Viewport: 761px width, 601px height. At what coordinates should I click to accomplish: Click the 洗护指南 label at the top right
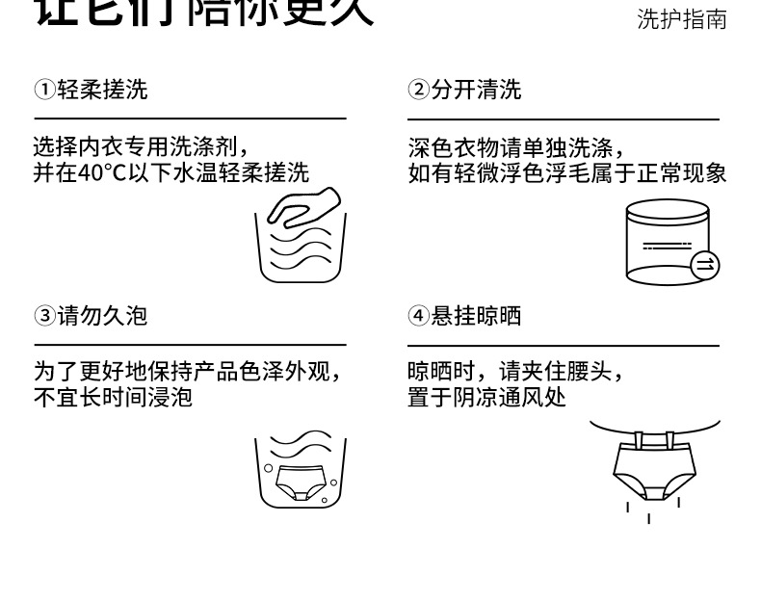pos(681,20)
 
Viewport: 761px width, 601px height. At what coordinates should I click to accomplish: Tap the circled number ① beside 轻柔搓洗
pos(44,91)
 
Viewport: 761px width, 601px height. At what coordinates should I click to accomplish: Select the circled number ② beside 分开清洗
pos(418,91)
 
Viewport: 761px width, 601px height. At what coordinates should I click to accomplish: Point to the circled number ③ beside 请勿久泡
pos(44,317)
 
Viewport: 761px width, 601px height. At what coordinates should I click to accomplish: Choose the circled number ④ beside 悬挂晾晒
pos(418,317)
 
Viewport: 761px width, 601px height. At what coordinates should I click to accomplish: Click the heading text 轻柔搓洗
pos(103,91)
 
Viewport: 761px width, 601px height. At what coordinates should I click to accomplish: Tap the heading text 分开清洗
pos(477,91)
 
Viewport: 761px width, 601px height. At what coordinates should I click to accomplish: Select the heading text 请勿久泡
pos(103,317)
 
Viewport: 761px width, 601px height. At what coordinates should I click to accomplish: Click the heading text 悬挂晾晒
pos(477,317)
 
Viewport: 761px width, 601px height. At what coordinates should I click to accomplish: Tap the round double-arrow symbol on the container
pos(705,263)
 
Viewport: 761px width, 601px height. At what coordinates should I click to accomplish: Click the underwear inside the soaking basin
pos(300,482)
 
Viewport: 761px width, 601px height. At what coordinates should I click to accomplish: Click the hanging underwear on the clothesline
pos(653,472)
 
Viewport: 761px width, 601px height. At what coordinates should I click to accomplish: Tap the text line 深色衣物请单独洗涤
pos(510,148)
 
